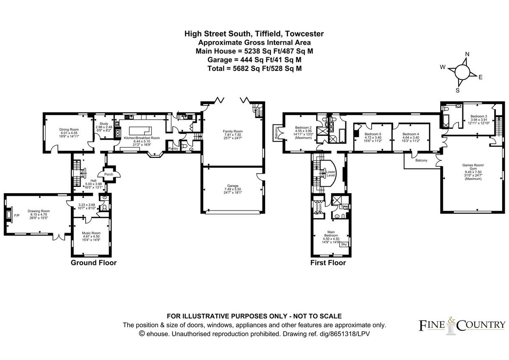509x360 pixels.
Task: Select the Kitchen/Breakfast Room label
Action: pos(142,138)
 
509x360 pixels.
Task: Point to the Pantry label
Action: pos(173,149)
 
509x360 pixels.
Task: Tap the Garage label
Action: pos(232,186)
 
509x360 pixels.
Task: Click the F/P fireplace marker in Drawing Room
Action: pos(17,216)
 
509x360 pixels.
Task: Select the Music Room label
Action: pos(91,233)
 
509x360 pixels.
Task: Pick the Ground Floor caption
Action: pos(93,263)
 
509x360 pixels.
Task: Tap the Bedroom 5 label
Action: pos(373,134)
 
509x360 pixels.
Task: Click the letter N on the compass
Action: pos(467,54)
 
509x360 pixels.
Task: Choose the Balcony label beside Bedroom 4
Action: pos(421,160)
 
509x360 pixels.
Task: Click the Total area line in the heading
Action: pos(255,68)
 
